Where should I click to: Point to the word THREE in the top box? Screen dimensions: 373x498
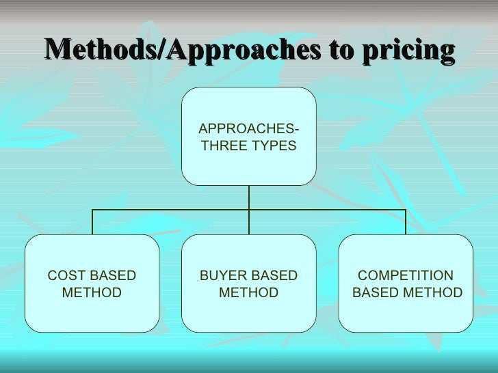click(222, 146)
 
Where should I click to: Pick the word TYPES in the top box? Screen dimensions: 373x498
click(273, 146)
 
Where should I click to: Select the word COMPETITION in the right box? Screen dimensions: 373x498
click(406, 276)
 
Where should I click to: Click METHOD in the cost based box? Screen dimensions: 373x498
click(92, 293)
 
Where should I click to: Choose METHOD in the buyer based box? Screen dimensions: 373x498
click(248, 293)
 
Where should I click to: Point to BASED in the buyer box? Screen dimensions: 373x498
click(274, 276)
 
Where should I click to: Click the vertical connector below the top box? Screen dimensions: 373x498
click(249, 197)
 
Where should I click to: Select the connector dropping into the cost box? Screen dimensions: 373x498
click(92, 222)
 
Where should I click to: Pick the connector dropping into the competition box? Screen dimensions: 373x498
click(406, 222)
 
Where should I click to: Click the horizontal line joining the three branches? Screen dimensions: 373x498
click(171, 210)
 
